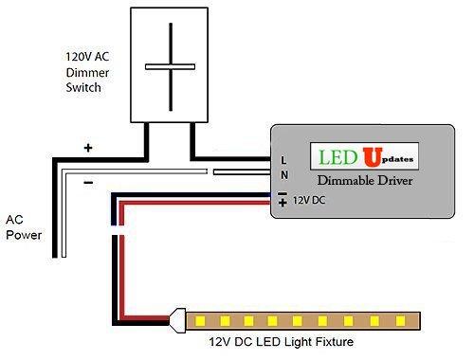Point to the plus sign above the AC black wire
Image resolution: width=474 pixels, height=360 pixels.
point(88,148)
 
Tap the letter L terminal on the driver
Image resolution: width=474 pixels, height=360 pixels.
point(284,160)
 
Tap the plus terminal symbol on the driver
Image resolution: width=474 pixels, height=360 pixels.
point(283,203)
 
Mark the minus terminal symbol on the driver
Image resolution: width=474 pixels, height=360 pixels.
point(283,192)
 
